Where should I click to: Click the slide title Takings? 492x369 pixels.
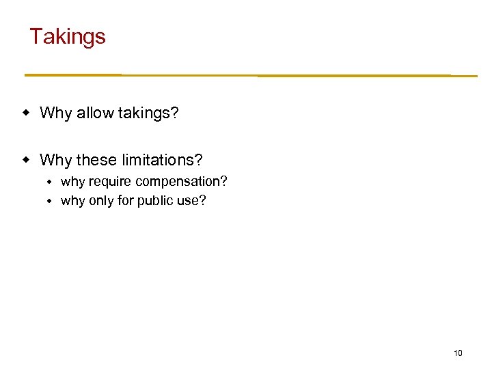point(68,36)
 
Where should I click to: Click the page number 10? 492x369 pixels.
point(458,353)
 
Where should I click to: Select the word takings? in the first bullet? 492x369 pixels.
point(148,113)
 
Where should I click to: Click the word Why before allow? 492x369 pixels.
point(55,113)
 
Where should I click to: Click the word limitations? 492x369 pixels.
point(162,160)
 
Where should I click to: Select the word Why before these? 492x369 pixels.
point(55,160)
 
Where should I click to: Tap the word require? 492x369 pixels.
point(110,182)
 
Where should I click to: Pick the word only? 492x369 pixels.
point(101,201)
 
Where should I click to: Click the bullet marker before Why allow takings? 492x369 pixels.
point(27,113)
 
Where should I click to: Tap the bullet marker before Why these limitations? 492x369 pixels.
point(27,160)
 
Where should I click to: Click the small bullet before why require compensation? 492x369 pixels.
point(49,182)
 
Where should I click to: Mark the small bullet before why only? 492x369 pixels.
point(49,202)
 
